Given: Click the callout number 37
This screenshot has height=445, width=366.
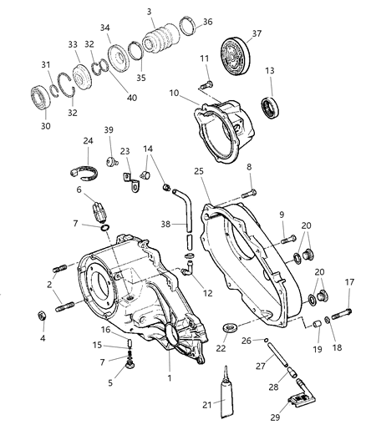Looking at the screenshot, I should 256,33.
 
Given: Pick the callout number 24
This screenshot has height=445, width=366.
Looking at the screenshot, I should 87,141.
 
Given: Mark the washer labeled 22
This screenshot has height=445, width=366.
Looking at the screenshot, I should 230,323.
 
